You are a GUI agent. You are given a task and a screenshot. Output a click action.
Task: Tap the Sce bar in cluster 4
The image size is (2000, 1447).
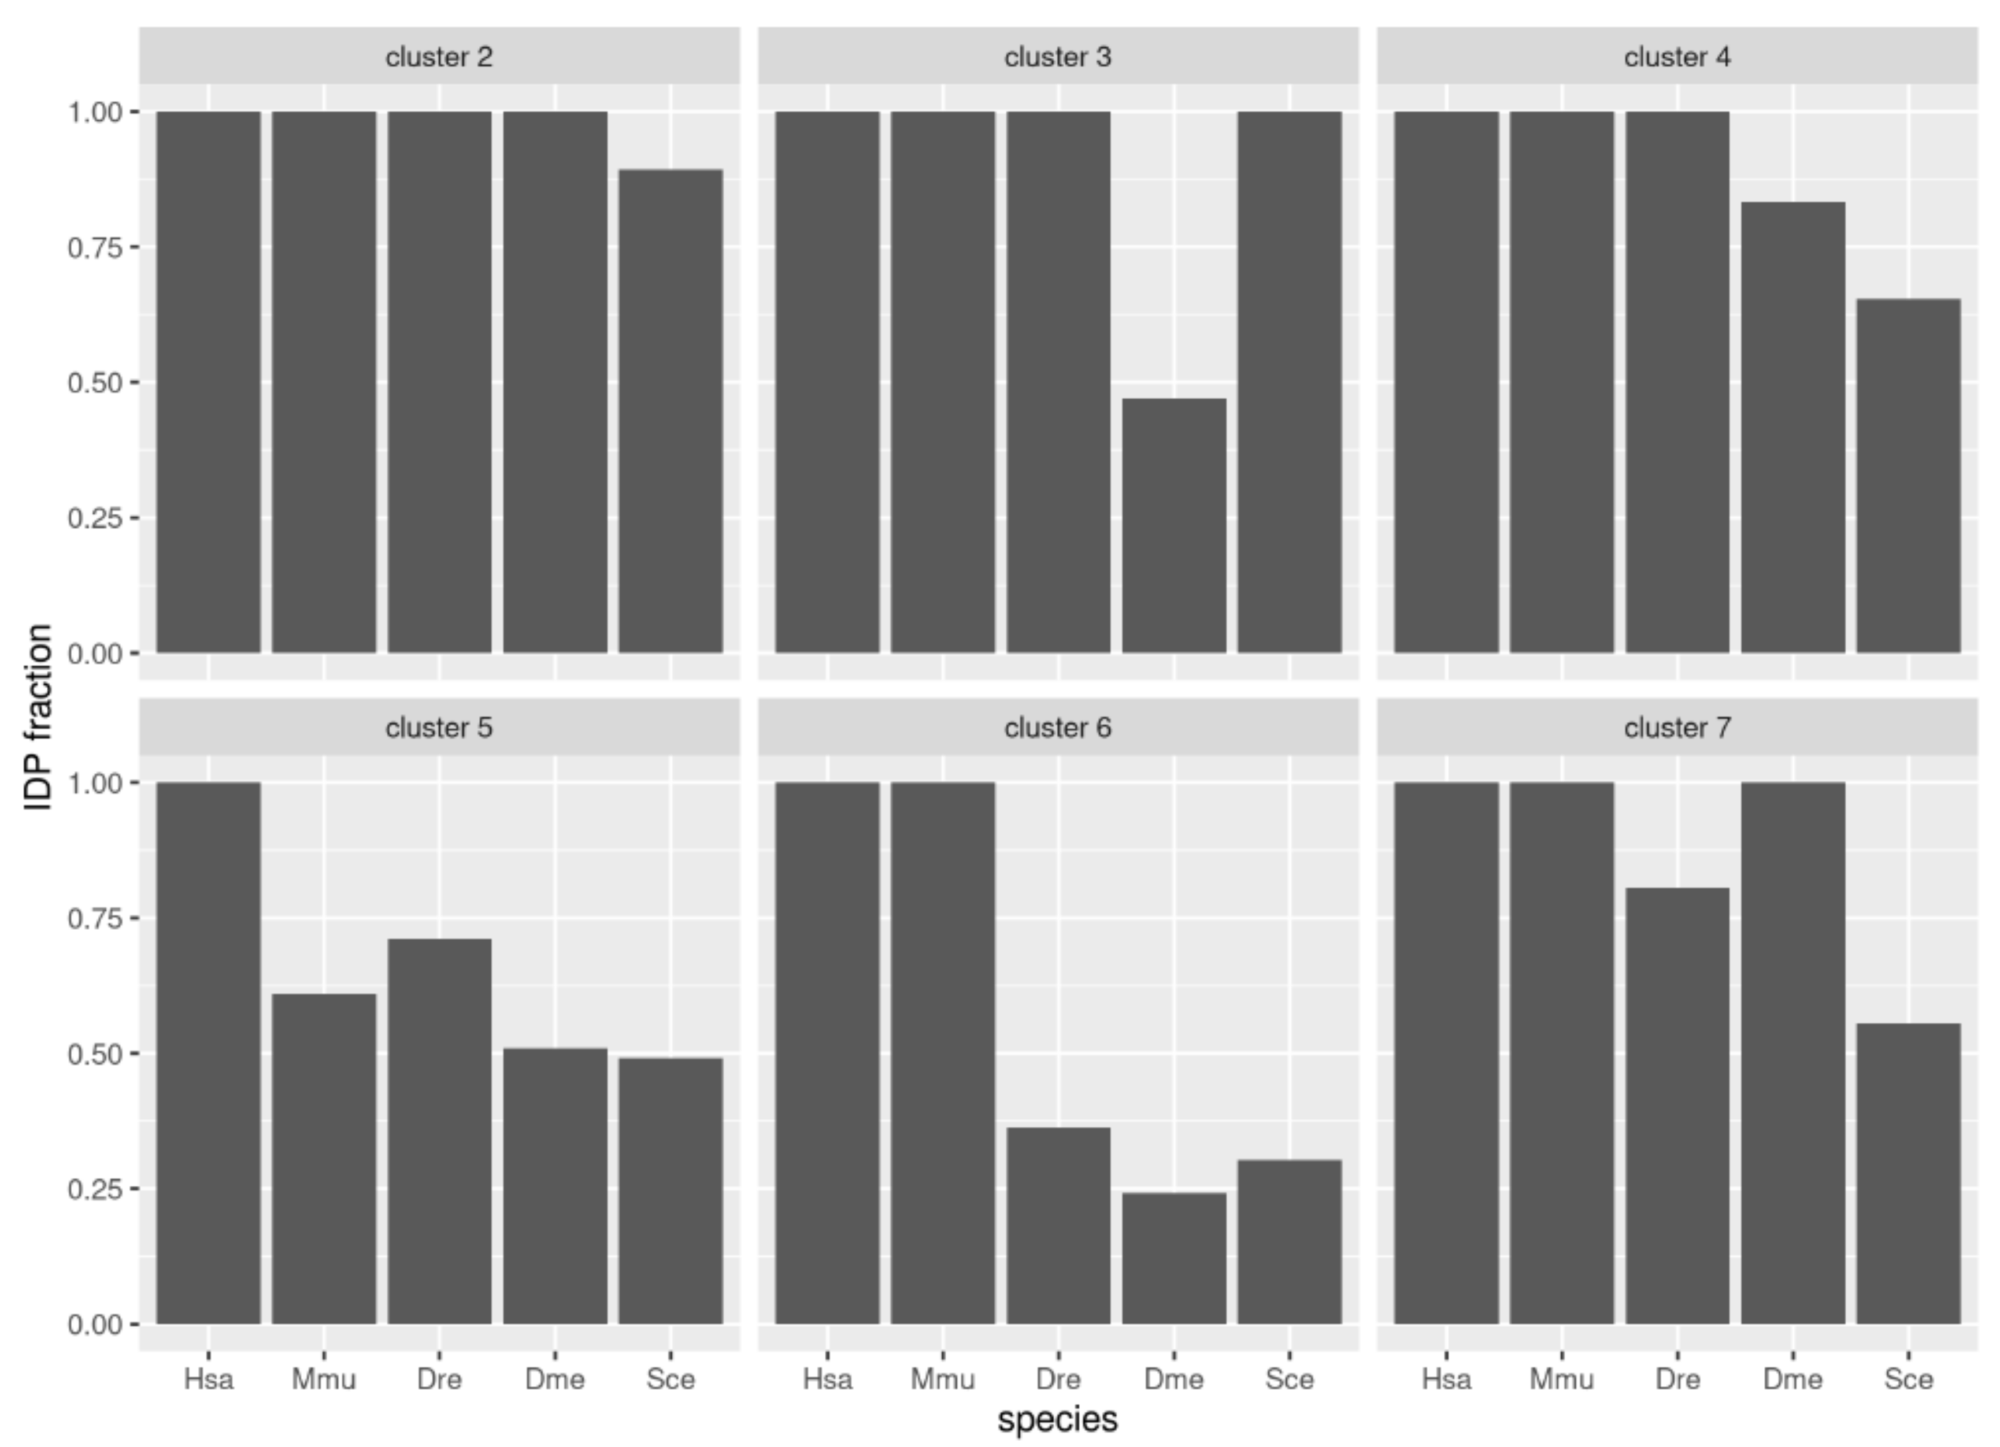pos(1908,476)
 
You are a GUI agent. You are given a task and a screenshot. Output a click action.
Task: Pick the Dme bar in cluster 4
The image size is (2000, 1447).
pos(1792,428)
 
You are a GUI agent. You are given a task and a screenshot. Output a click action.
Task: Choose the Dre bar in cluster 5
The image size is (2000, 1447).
pos(439,1131)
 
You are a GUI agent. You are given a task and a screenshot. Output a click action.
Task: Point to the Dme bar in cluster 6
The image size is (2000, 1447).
pos(1174,1258)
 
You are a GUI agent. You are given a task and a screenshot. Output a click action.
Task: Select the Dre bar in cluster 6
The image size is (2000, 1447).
pos(1058,1226)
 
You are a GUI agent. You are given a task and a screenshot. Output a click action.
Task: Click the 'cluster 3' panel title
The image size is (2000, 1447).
pos(1058,57)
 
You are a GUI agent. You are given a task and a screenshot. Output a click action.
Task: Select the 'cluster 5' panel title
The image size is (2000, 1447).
pos(439,728)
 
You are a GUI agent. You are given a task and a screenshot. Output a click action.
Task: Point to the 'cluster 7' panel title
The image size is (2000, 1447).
pos(1677,728)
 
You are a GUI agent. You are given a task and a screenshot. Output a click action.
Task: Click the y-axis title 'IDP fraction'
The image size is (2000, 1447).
pos(39,717)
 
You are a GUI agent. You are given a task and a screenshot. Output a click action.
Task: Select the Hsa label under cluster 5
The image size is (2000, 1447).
pos(209,1378)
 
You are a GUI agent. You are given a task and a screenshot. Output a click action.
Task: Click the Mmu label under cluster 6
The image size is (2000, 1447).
pos(943,1378)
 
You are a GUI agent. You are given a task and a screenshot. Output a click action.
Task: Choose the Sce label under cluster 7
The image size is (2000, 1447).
pos(1908,1378)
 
